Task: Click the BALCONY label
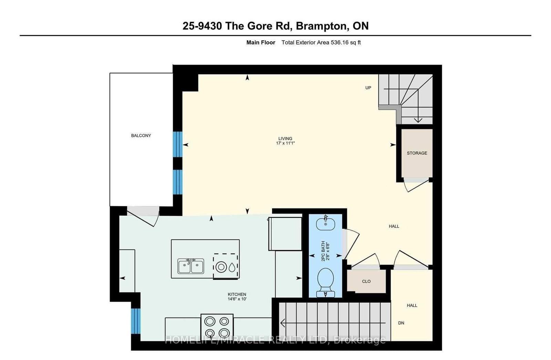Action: [141, 135]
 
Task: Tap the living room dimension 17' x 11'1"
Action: [285, 143]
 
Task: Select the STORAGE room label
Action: [417, 153]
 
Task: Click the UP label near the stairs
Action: [368, 88]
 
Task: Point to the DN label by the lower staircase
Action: [401, 323]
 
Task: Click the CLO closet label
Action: [366, 281]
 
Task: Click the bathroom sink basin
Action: [325, 224]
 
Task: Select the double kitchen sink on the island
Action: [191, 266]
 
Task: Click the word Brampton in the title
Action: [321, 26]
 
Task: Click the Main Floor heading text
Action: [261, 42]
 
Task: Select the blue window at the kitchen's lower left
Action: [136, 321]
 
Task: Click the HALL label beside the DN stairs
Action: [412, 305]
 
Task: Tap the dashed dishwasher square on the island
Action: [226, 266]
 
